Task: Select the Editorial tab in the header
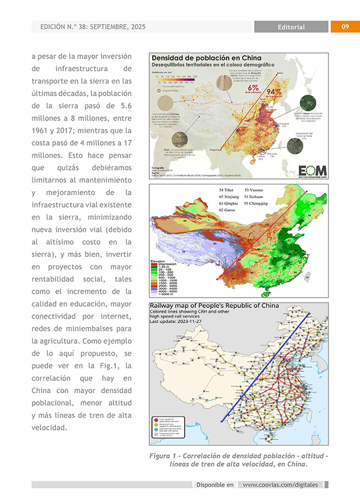tap(291, 27)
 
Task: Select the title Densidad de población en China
tap(206, 58)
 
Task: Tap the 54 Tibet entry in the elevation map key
tap(226, 190)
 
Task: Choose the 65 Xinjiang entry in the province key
tap(229, 197)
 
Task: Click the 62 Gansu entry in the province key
tap(227, 210)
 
